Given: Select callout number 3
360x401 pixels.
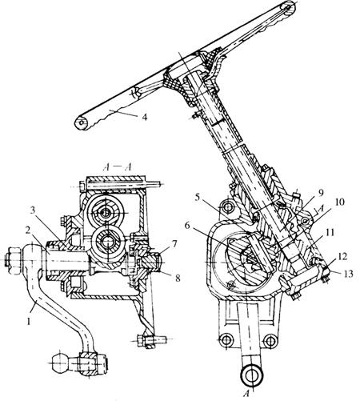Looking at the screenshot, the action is (x=33, y=210).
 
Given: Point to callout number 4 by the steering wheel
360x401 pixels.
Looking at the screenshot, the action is (x=144, y=117).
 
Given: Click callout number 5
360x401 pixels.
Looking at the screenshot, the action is (x=198, y=198).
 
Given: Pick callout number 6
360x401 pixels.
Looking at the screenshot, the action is (x=187, y=226).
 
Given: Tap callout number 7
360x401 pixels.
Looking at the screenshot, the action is (x=174, y=243).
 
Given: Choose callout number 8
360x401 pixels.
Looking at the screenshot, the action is (x=177, y=278).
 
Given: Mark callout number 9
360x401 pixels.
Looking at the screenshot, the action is (x=321, y=193).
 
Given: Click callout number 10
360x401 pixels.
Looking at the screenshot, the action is (x=339, y=202).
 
